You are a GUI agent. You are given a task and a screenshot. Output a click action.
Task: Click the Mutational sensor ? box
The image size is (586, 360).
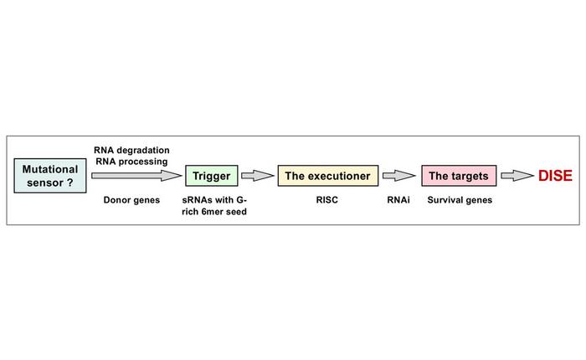[x=51, y=176]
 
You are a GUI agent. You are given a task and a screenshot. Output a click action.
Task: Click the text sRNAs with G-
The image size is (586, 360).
[x=214, y=201]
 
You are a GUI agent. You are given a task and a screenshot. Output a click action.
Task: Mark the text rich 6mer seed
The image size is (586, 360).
[x=214, y=213]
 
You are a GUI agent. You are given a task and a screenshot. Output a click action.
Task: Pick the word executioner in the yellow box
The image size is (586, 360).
[x=339, y=176]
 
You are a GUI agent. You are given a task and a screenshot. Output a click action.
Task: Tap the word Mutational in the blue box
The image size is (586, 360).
[x=51, y=169]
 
